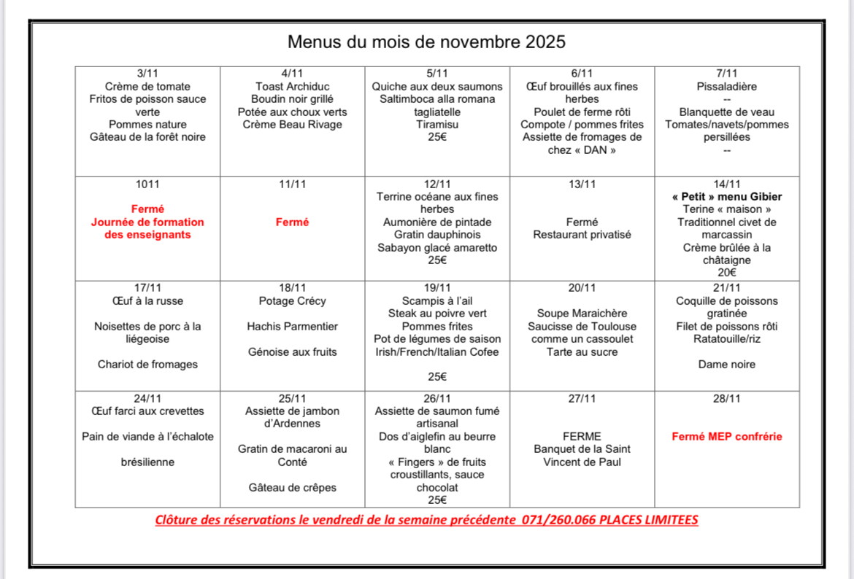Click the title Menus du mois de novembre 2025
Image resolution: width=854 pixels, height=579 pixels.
click(x=426, y=42)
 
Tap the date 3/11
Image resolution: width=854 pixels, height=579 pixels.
click(x=147, y=73)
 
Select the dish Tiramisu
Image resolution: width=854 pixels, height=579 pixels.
click(x=437, y=124)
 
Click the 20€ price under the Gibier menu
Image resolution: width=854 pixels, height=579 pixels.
click(x=726, y=273)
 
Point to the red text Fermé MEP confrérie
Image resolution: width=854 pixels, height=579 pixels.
click(x=726, y=437)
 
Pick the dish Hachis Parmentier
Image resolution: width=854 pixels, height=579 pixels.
click(x=292, y=326)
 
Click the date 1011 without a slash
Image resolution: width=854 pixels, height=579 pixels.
click(x=147, y=184)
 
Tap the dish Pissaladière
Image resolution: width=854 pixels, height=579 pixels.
click(x=726, y=86)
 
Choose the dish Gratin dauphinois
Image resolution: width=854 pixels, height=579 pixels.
click(x=437, y=235)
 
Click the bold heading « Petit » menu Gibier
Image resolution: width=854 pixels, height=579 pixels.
click(x=726, y=197)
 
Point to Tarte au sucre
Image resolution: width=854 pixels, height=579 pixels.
click(x=582, y=352)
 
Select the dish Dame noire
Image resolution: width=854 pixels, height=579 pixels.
click(x=726, y=364)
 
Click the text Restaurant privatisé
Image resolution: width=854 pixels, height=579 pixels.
click(x=582, y=235)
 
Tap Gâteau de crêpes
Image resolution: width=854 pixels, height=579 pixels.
click(x=292, y=487)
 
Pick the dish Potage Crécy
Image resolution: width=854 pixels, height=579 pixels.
click(x=292, y=300)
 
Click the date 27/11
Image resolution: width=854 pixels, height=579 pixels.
click(x=582, y=398)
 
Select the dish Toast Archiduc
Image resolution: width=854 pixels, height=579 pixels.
click(x=292, y=86)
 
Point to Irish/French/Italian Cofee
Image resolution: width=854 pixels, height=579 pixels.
click(x=437, y=352)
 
